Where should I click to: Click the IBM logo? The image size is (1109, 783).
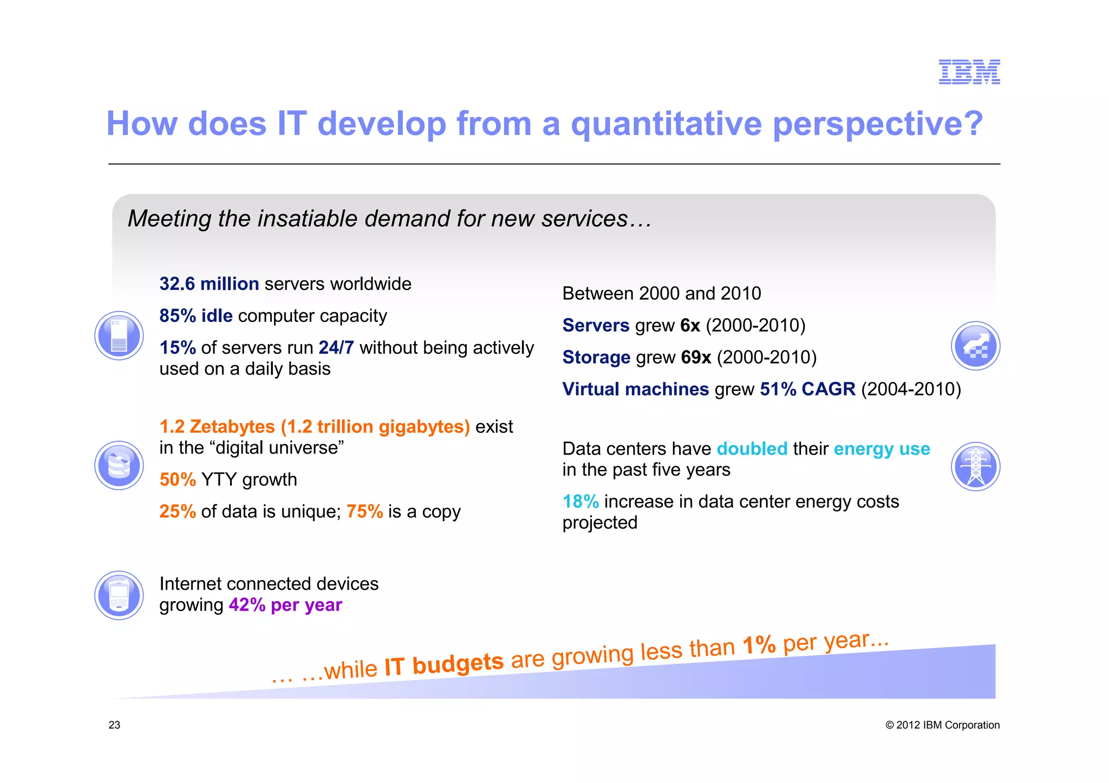coord(969,72)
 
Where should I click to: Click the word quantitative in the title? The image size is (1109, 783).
coord(666,124)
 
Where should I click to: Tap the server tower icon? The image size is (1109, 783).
coord(119,335)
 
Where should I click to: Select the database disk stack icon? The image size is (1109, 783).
coord(119,465)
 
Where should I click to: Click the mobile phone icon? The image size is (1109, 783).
coord(119,595)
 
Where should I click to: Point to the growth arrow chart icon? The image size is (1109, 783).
coord(975,346)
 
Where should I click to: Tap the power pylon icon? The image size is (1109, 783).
coord(975,466)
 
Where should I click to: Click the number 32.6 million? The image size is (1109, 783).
coord(209,284)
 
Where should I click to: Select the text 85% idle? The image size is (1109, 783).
coord(196,316)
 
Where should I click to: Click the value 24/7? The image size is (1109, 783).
coord(336,347)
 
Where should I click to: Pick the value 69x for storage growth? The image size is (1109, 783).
coord(696,358)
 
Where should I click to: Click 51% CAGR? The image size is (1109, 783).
coord(807,390)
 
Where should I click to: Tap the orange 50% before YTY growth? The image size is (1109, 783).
coord(178,480)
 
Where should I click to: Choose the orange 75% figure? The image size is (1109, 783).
coord(364,512)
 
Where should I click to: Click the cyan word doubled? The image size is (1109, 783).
coord(752,449)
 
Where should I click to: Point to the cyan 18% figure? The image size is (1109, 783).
coord(580,502)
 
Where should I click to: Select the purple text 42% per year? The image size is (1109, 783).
coord(285,605)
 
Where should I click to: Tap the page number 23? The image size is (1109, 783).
coord(114,725)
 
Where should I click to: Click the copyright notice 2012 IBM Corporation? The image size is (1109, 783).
coord(942,725)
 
